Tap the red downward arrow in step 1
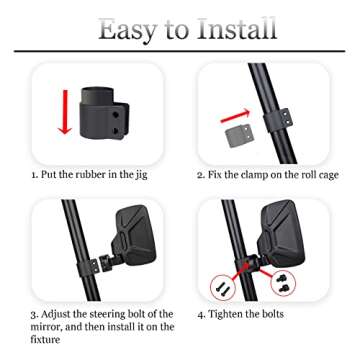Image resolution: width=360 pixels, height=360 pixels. (65, 111)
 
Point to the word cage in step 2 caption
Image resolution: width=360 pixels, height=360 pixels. (333, 175)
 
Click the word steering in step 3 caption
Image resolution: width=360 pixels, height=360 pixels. (105, 314)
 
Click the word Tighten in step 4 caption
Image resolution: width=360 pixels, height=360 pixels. (234, 314)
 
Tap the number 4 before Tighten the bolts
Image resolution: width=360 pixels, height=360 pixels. (201, 314)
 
